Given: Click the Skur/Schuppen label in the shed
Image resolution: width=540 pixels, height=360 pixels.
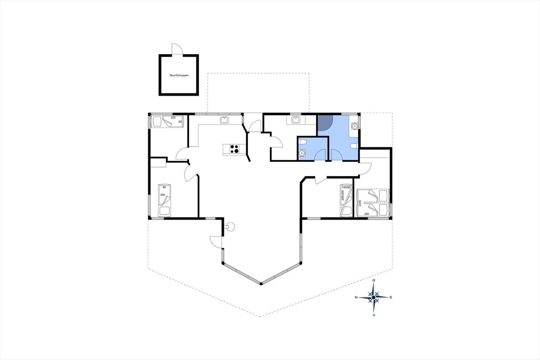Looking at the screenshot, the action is tap(179, 75).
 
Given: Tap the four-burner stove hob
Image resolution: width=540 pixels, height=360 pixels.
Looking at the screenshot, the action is tap(234, 149).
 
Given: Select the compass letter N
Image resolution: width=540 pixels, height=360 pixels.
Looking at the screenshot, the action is tap(356, 297).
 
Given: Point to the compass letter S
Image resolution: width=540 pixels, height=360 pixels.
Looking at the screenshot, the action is tap(390, 297).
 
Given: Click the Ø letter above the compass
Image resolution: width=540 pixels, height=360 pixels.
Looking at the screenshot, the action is tap(374, 280).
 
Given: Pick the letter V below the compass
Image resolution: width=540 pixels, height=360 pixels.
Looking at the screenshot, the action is tap(374, 315).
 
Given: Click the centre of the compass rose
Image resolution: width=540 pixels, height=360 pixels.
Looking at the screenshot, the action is tap(374, 297).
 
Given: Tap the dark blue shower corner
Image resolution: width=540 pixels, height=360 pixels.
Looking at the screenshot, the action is tap(325, 122).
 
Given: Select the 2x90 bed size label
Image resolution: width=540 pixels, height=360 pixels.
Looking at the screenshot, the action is tap(360, 203).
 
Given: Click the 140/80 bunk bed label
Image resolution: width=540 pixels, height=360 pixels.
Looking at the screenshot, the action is tap(346, 187).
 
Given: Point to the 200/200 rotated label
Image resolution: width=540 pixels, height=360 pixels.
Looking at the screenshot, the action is tap(343, 195).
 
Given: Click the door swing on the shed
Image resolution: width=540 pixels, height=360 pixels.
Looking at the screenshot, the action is tap(177, 49).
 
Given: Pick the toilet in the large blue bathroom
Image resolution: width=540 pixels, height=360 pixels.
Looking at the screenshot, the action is tap(354, 146).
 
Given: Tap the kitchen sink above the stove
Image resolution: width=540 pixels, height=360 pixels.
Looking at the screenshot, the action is tap(224, 120).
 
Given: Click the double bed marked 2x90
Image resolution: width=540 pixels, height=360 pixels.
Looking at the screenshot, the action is tap(373, 202).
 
